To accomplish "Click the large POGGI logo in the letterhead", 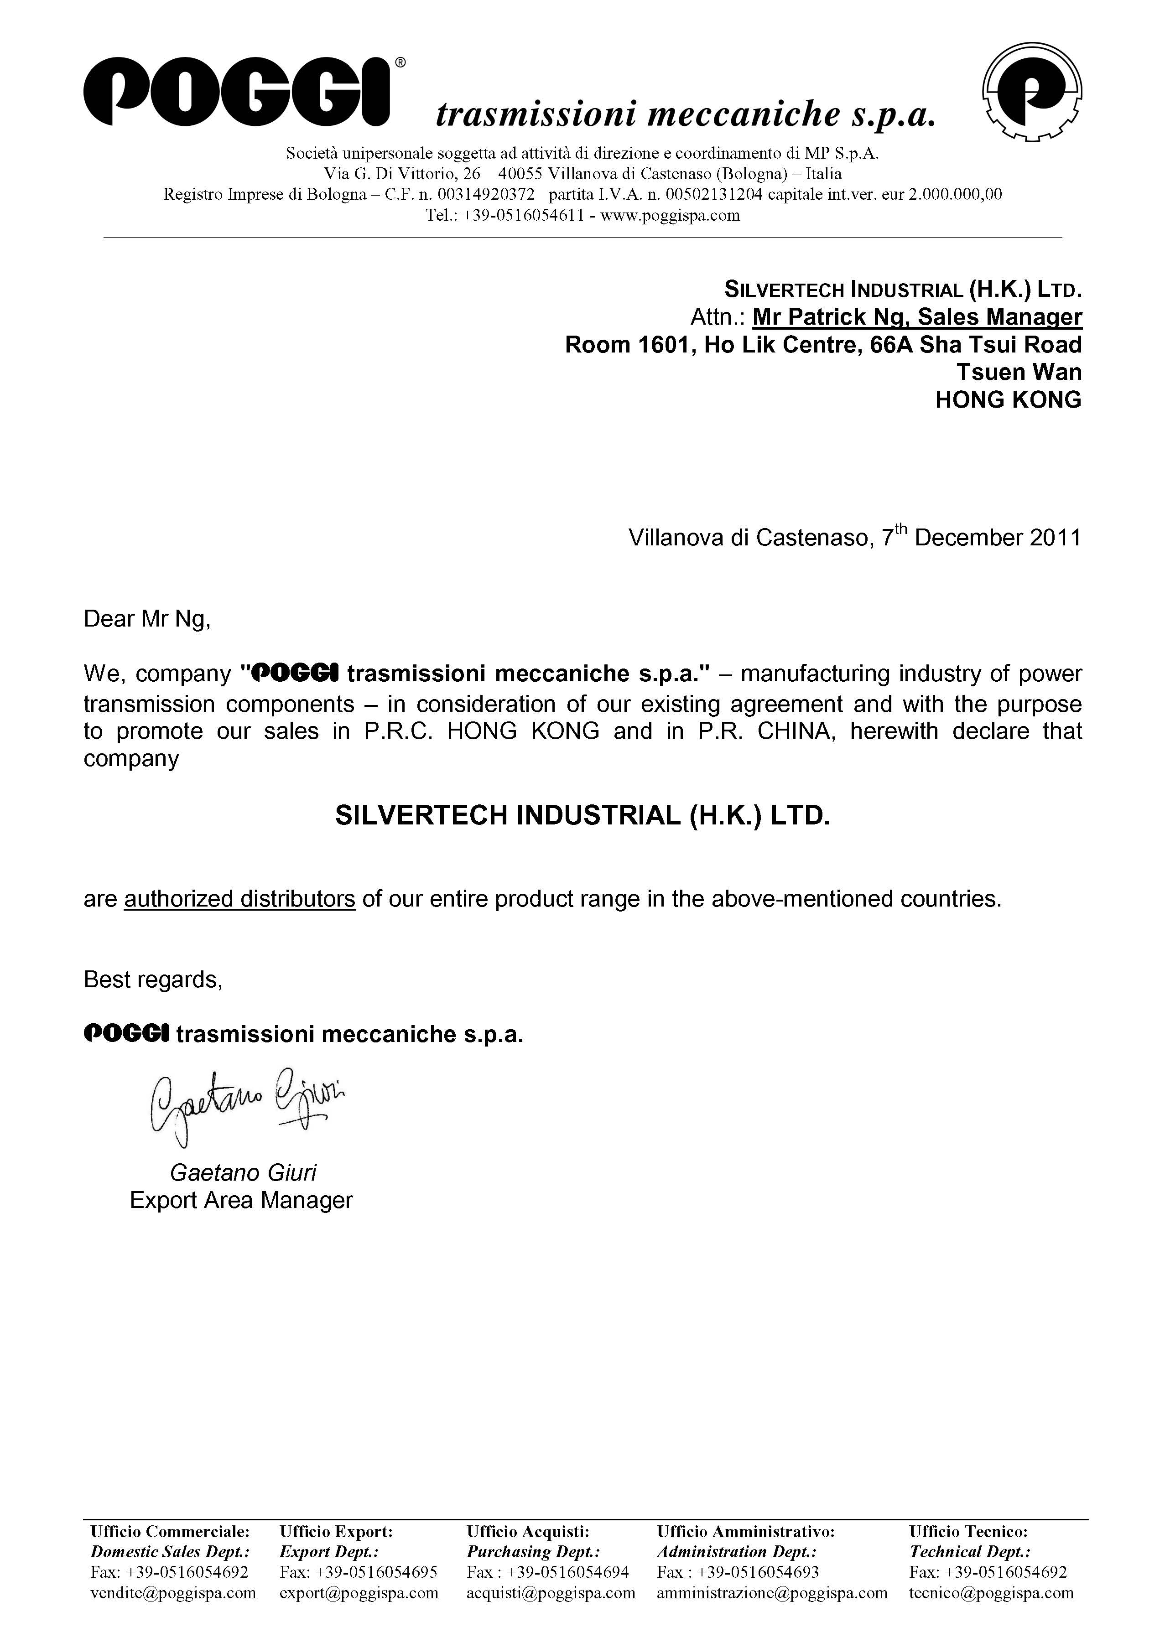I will coord(237,93).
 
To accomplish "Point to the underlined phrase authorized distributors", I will coord(240,899).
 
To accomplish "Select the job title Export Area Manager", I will coord(241,1200).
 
